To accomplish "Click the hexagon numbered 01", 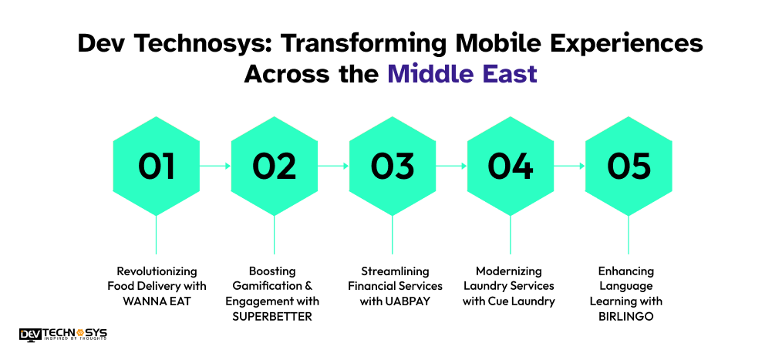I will pos(157,166).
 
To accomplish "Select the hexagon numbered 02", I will pos(275,166).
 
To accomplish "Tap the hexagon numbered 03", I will pos(393,166).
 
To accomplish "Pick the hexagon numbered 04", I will pos(511,166).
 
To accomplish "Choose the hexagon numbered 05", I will pos(629,166).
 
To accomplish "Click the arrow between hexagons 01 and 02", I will pos(215,166).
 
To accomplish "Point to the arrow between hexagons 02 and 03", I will pos(333,166).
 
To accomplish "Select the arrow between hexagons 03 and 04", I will pos(451,166).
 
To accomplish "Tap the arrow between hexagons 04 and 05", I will pos(569,166).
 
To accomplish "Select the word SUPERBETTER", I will pos(275,315).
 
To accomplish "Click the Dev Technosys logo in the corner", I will pos(63,334).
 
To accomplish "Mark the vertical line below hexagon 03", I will pos(393,234).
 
